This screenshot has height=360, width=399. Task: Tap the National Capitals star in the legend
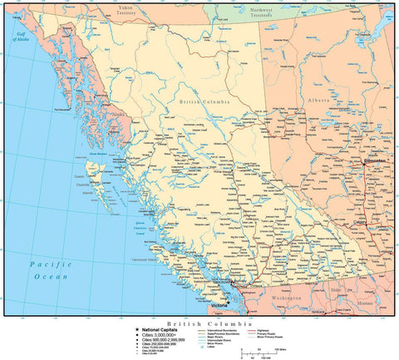point(138,329)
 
